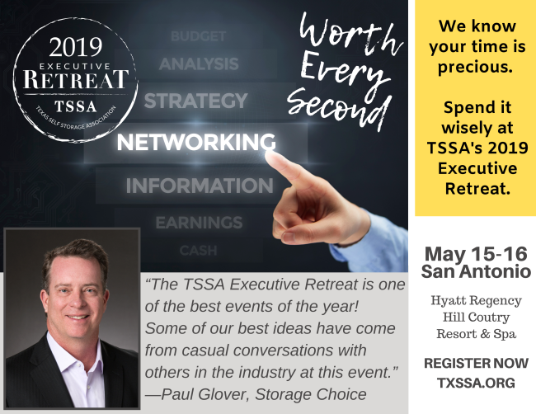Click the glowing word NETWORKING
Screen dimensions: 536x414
pyautogui.click(x=196, y=142)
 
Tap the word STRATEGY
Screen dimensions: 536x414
pyautogui.click(x=196, y=101)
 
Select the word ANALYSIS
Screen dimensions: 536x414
pyautogui.click(x=199, y=64)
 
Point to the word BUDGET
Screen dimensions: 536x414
pyautogui.click(x=198, y=36)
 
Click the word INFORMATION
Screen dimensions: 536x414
pyautogui.click(x=200, y=186)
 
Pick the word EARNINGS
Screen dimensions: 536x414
pyautogui.click(x=199, y=223)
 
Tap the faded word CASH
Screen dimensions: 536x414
pyautogui.click(x=198, y=251)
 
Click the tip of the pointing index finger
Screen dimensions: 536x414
pyautogui.click(x=269, y=154)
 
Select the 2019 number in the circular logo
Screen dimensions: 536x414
pyautogui.click(x=76, y=47)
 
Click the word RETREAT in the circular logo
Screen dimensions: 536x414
pyautogui.click(x=76, y=79)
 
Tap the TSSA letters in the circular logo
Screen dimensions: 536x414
pyautogui.click(x=76, y=106)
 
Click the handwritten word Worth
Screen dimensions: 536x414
pyautogui.click(x=350, y=34)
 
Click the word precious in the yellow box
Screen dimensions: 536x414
pyautogui.click(x=476, y=67)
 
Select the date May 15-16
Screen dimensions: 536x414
pyautogui.click(x=476, y=254)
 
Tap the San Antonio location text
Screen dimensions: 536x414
pyautogui.click(x=476, y=271)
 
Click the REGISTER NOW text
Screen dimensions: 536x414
pyautogui.click(x=476, y=363)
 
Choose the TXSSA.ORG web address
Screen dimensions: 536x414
pyautogui.click(x=476, y=383)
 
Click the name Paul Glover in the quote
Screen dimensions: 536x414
pyautogui.click(x=205, y=394)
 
